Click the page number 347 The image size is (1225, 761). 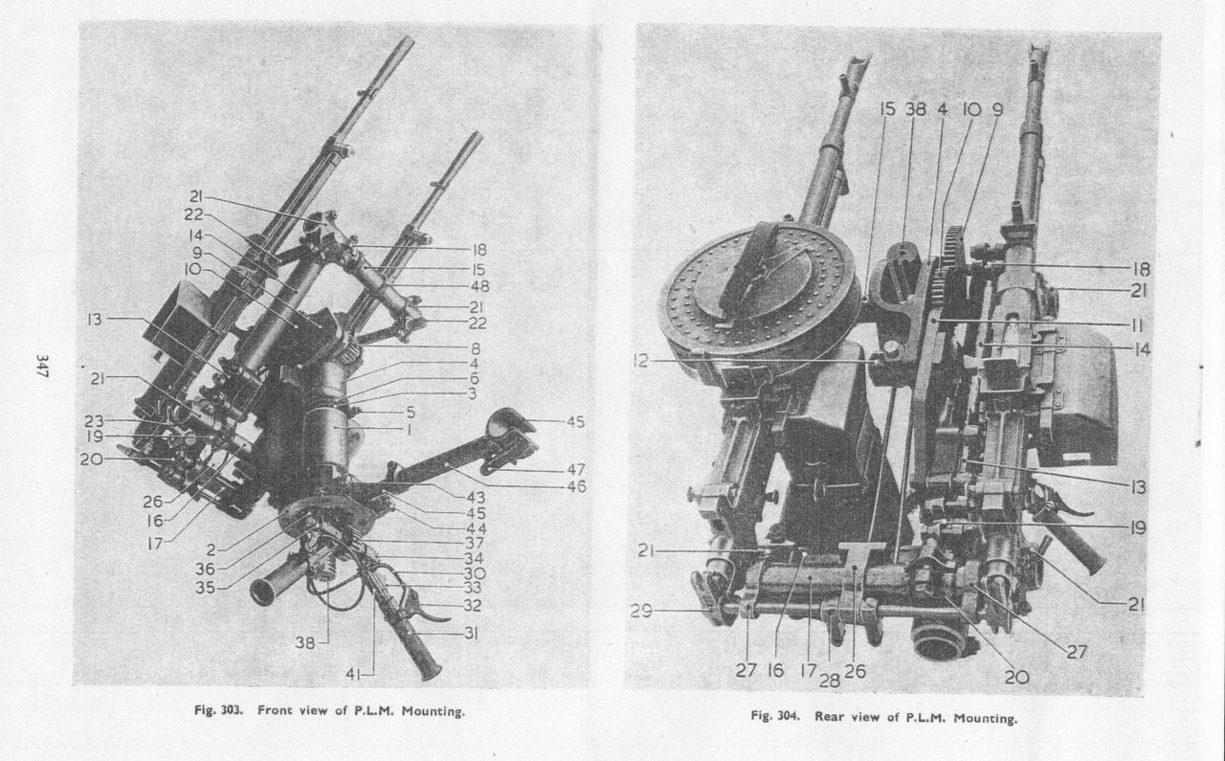pos(42,368)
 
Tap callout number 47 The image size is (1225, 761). pos(575,470)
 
